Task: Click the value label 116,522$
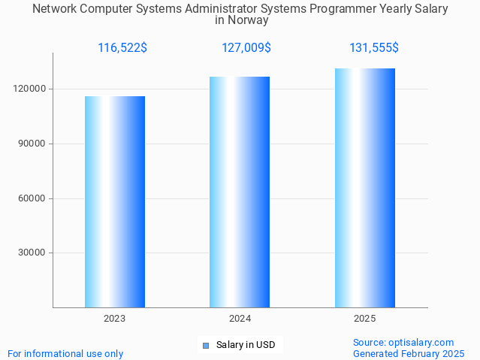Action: coord(122,48)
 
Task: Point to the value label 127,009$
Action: coord(246,48)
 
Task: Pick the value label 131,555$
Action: coord(374,48)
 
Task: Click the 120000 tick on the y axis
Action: coord(32,89)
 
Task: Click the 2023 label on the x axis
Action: coord(115,319)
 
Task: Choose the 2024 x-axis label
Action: coord(240,319)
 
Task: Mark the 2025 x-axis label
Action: coord(365,319)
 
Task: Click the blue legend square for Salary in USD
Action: coord(205,346)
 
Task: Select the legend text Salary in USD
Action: coord(246,346)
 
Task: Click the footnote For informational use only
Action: coord(65,353)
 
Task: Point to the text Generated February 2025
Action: coord(409,353)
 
